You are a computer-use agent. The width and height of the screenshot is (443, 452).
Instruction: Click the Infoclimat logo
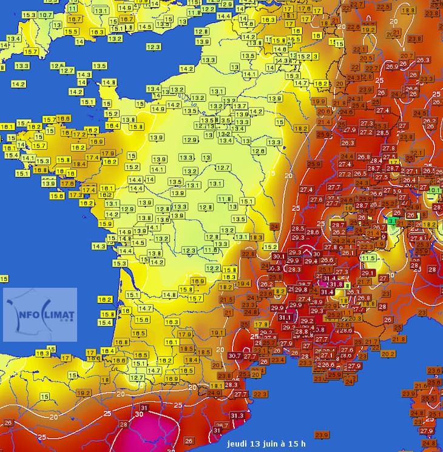pyautogui.click(x=40, y=314)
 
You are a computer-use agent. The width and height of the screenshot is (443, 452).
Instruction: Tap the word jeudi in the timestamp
pyautogui.click(x=239, y=444)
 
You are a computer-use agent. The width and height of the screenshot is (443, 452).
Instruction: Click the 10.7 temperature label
pyautogui.click(x=46, y=15)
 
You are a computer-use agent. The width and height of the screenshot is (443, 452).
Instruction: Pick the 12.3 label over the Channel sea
pyautogui.click(x=153, y=47)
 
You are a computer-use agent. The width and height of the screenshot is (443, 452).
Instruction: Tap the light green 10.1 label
pyautogui.click(x=435, y=190)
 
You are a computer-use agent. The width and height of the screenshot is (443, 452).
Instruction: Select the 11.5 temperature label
pyautogui.click(x=368, y=258)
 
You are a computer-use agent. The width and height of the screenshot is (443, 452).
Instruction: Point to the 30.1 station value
pyautogui.click(x=279, y=256)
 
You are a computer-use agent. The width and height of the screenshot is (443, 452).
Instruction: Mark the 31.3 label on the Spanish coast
pyautogui.click(x=237, y=415)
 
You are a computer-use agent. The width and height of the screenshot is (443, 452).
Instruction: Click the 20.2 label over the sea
pyautogui.click(x=388, y=354)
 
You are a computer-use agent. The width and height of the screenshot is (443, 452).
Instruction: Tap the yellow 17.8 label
pyautogui.click(x=262, y=324)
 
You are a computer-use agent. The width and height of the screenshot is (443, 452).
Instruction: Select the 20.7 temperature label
pyautogui.click(x=407, y=56)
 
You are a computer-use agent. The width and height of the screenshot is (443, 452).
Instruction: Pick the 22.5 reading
pyautogui.click(x=384, y=7)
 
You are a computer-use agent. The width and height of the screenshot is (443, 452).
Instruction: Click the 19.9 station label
pyautogui.click(x=319, y=101)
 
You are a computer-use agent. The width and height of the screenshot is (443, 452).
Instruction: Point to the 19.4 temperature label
pyautogui.click(x=243, y=284)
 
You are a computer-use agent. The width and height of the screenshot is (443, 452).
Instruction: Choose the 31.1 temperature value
pyautogui.click(x=285, y=317)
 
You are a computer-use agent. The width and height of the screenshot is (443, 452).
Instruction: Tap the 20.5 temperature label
pyautogui.click(x=366, y=58)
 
